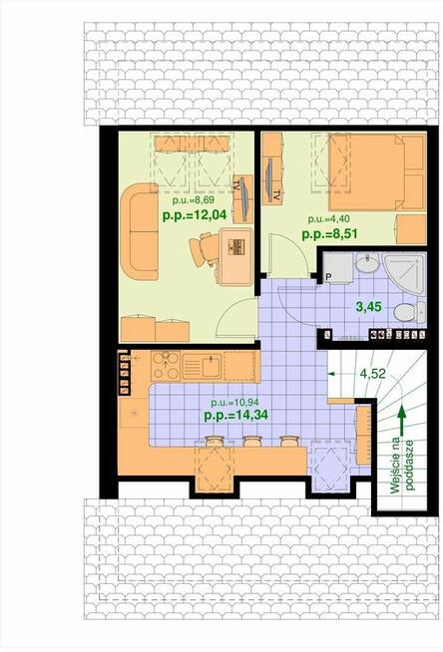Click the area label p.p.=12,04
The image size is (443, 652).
pyautogui.click(x=195, y=215)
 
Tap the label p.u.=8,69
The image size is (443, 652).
pyautogui.click(x=194, y=200)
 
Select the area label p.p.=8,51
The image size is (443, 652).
pyautogui.click(x=330, y=233)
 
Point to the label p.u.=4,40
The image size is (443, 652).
pyautogui.click(x=328, y=218)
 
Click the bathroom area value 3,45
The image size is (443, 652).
pyautogui.click(x=369, y=307)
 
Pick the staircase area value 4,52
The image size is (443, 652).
pyautogui.click(x=373, y=373)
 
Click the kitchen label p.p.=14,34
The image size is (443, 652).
pyautogui.click(x=235, y=415)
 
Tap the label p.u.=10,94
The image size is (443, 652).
pyautogui.click(x=234, y=402)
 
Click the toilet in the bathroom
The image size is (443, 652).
pyautogui.click(x=409, y=311)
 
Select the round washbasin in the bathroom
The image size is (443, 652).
pyautogui.click(x=367, y=263)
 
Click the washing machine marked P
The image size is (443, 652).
pyautogui.click(x=338, y=268)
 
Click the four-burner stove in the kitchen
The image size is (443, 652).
pyautogui.click(x=166, y=366)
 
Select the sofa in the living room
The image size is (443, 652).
pyautogui.click(x=140, y=231)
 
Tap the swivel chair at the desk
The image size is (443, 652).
pyautogui.click(x=205, y=249)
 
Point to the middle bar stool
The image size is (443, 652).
pyautogui.click(x=251, y=442)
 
